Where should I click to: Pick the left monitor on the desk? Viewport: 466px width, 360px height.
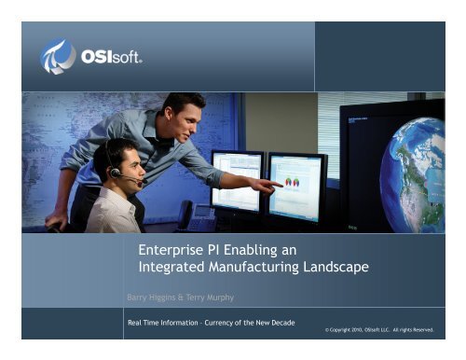coord(236,180)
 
